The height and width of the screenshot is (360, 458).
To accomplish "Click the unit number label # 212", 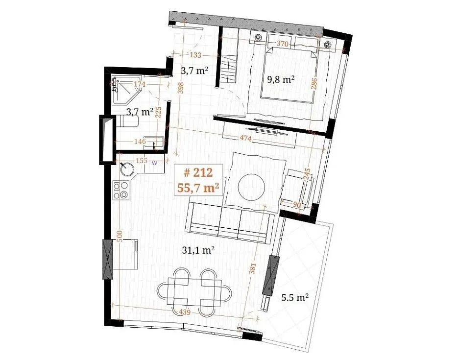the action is click(198, 173).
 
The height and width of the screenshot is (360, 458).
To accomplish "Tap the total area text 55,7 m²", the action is click(198, 188).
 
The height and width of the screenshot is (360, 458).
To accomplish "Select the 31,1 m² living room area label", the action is click(198, 250).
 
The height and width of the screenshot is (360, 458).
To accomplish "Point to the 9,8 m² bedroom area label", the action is click(281, 79).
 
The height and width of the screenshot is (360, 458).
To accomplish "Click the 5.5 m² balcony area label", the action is click(295, 298).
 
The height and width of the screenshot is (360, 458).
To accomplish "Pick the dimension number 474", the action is click(245, 139).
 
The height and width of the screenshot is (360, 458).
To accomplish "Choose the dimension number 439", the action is click(184, 312).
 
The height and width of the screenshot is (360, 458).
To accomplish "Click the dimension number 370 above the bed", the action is click(282, 44).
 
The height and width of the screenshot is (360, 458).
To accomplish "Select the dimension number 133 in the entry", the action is click(195, 55).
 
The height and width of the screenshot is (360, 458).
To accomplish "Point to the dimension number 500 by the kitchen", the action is click(119, 236).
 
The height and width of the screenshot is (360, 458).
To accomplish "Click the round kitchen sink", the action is click(127, 169).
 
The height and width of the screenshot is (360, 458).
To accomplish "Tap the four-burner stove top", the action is click(121, 190).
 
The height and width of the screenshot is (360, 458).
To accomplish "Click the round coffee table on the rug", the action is click(251, 187).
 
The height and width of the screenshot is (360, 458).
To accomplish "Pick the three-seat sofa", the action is click(230, 222).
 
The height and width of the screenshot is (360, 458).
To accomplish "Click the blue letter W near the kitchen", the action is click(155, 163).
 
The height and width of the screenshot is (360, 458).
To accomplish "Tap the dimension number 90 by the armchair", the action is click(296, 205).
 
